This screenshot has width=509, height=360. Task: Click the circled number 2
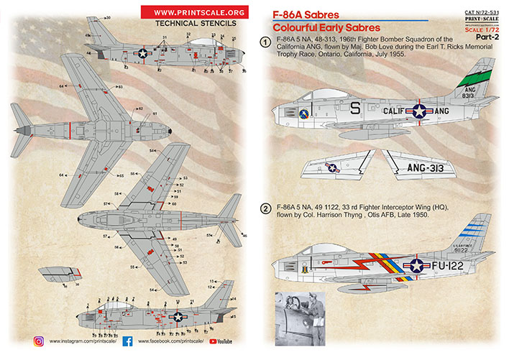tap(265, 209)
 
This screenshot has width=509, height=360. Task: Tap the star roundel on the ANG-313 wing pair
tap(333, 168)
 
